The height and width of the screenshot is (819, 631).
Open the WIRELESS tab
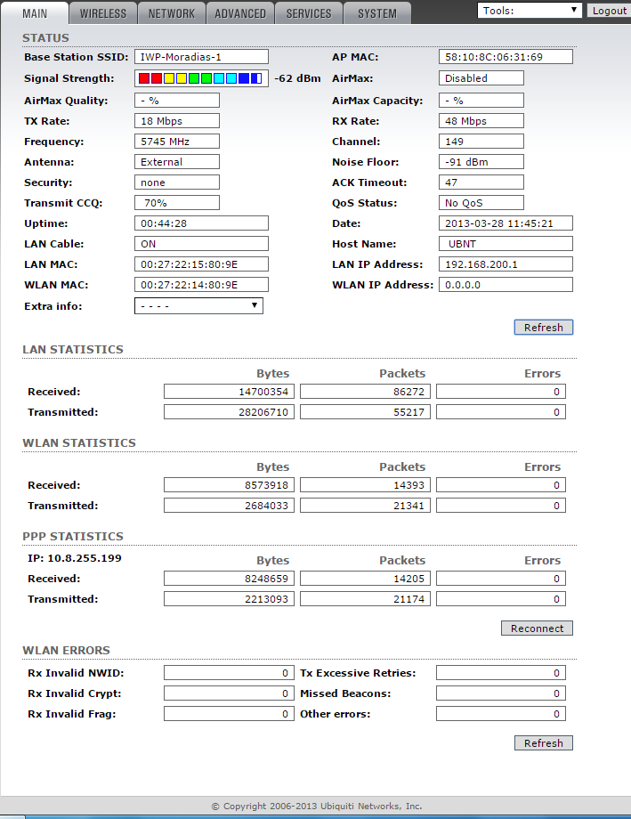pos(103,13)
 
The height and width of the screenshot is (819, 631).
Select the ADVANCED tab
pos(240,13)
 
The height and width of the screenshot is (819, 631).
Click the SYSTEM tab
pos(377,13)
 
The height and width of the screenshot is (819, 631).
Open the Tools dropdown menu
pos(530,11)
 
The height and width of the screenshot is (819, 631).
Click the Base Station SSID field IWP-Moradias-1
pos(201,57)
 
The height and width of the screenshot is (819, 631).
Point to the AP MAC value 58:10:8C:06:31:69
pos(506,57)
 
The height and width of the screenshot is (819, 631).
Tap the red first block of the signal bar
pos(144,78)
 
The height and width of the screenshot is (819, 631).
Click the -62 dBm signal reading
pos(297,78)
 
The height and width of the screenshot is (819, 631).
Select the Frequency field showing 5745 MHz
pos(176,142)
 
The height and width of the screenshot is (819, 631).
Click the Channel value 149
pos(481,142)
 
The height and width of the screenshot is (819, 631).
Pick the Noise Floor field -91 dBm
pos(481,162)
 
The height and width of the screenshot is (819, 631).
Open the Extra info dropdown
pos(198,306)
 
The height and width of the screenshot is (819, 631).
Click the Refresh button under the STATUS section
pos(543,328)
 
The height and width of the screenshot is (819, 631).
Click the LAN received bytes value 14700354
pos(231,392)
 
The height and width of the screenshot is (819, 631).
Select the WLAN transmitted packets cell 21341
pos(366,506)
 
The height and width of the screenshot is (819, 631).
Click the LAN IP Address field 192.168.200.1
pos(506,264)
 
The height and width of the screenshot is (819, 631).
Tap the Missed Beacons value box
pos(500,693)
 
